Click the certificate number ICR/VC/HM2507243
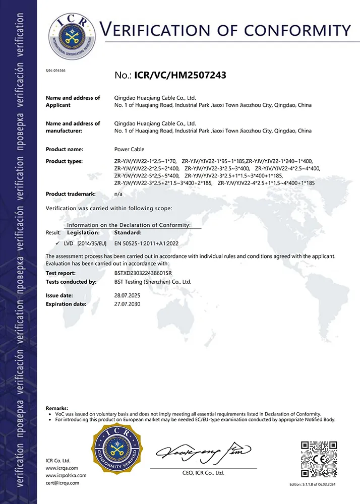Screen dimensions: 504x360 click(x=180, y=76)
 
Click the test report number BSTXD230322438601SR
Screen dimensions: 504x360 click(x=143, y=273)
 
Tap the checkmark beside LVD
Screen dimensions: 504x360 click(x=58, y=243)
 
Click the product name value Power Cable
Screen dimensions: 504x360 click(x=129, y=150)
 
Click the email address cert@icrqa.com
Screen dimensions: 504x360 click(x=63, y=483)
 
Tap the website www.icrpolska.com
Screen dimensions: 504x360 click(x=66, y=475)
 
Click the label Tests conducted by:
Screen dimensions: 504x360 click(x=71, y=282)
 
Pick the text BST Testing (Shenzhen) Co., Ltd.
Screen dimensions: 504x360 click(x=153, y=282)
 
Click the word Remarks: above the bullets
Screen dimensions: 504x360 click(x=57, y=407)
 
